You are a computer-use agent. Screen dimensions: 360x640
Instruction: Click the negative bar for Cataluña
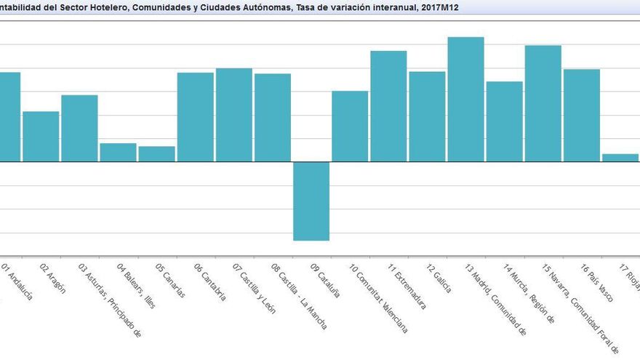311,201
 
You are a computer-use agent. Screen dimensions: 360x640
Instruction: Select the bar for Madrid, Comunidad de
465,99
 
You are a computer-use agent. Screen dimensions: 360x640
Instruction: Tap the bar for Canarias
156,154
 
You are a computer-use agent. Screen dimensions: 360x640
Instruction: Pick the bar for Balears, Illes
118,152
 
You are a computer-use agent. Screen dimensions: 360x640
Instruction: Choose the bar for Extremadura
388,106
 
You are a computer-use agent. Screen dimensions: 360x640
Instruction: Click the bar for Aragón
41,136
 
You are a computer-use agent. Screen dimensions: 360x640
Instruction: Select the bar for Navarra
543,103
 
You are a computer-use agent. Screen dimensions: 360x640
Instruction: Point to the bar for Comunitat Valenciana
350,126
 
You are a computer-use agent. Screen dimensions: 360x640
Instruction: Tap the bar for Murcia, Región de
504,121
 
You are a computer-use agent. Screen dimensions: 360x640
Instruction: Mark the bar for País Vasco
581,115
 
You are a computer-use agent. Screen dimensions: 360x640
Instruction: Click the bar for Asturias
79,128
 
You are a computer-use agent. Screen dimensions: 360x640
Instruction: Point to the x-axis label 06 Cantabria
209,283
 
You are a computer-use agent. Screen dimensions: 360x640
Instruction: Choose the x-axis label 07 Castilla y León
255,288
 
